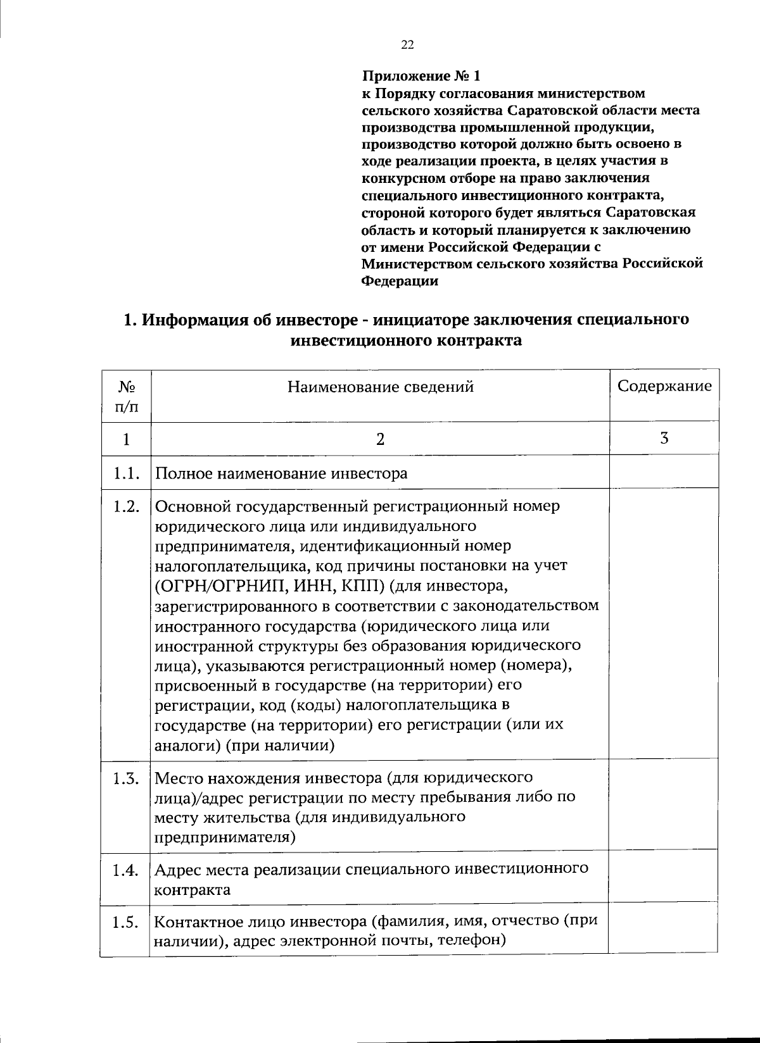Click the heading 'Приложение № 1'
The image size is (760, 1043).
[x=421, y=77]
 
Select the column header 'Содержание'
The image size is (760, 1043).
[x=664, y=387]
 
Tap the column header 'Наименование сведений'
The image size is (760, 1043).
[x=380, y=387]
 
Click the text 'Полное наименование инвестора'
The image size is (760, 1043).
[x=281, y=473]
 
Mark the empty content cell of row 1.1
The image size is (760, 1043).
[x=663, y=472]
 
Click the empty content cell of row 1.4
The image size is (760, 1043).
[x=663, y=878]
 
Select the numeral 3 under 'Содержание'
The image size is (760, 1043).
[x=664, y=438]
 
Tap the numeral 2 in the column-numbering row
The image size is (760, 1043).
[x=380, y=439]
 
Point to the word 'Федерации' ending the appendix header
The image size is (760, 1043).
[x=400, y=281]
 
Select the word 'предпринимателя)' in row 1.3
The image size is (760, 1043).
[x=225, y=837]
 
